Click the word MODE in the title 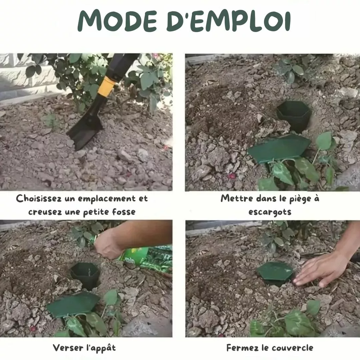(x=117, y=21)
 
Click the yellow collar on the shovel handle (x=106, y=86)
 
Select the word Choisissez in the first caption (x=39, y=198)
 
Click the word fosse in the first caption (x=124, y=211)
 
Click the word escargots (x=270, y=212)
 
